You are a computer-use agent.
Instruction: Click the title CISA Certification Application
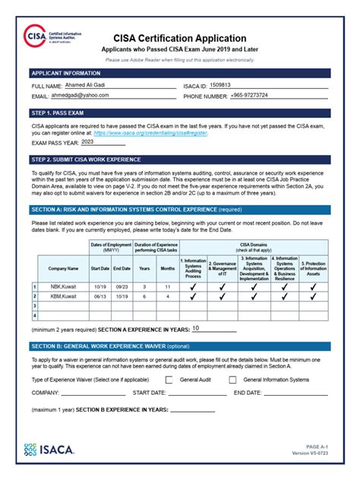coord(180,38)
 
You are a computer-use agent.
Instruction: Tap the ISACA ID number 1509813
coord(221,86)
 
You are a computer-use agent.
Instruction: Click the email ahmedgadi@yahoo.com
coord(81,96)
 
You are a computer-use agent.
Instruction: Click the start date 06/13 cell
coord(99,296)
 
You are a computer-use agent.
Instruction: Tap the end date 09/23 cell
coord(121,286)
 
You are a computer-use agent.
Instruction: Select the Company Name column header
coord(63,268)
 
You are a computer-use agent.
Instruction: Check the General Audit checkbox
coord(169,379)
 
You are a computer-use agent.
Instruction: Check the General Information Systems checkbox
coord(232,379)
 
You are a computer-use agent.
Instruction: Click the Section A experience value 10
coord(196,328)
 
